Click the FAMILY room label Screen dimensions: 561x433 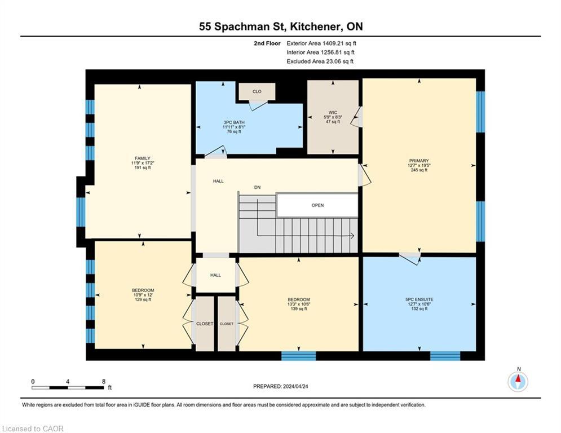(143, 158)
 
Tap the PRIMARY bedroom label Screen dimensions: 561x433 (419, 161)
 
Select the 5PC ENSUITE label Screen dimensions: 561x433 (419, 299)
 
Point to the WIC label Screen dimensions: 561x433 (333, 112)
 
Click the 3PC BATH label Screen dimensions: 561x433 (234, 122)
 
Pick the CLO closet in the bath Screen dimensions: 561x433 (257, 91)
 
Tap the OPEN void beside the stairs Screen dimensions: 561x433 (317, 205)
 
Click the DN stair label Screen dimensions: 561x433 (257, 187)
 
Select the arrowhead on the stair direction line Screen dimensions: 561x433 (352, 236)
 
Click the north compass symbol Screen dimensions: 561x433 (518, 382)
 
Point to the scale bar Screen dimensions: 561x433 (68, 387)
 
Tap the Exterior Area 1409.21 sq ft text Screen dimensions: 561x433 (321, 43)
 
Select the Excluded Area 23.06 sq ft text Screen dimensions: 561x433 (320, 61)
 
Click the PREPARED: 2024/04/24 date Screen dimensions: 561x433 (281, 386)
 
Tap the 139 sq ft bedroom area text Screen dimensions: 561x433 (299, 308)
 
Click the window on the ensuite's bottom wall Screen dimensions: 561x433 (445, 356)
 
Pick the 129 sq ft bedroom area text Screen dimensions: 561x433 (143, 299)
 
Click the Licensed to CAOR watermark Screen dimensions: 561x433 (33, 428)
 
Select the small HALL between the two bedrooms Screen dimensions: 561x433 (215, 275)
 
